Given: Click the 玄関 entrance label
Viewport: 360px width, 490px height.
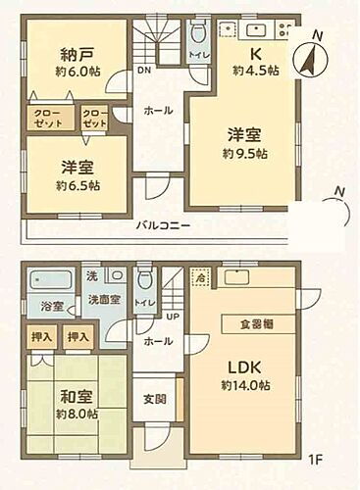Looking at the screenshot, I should (x=153, y=399).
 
